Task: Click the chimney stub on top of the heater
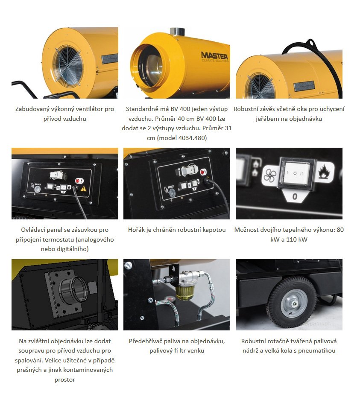[177, 32]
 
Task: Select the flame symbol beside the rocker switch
[325, 172]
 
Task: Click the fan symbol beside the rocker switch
[270, 175]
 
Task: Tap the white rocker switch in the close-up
[295, 173]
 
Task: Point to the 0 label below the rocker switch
[295, 196]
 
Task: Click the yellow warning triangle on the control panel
[84, 189]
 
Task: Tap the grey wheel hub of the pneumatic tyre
[294, 304]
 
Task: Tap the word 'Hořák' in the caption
[136, 230]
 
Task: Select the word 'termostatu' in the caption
[57, 239]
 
